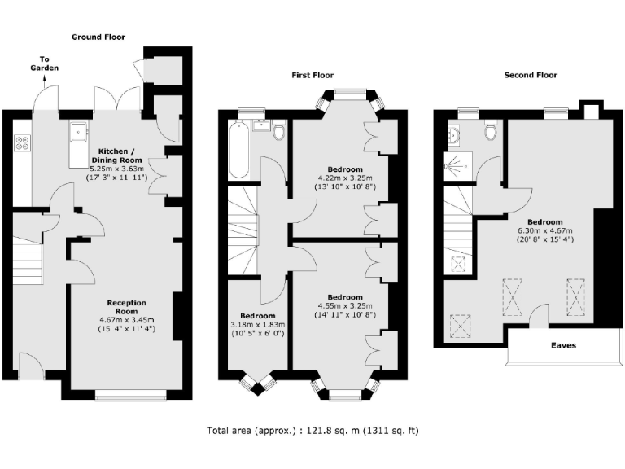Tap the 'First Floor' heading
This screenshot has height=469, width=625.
[312, 75]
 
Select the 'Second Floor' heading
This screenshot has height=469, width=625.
[530, 75]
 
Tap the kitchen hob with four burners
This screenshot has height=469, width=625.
[23, 143]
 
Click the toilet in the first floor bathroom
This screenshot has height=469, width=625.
[279, 131]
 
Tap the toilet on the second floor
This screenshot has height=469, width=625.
[491, 130]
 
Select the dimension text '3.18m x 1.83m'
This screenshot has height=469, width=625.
[257, 325]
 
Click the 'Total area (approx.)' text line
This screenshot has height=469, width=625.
[312, 430]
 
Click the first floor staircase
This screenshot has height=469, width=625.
[243, 216]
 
